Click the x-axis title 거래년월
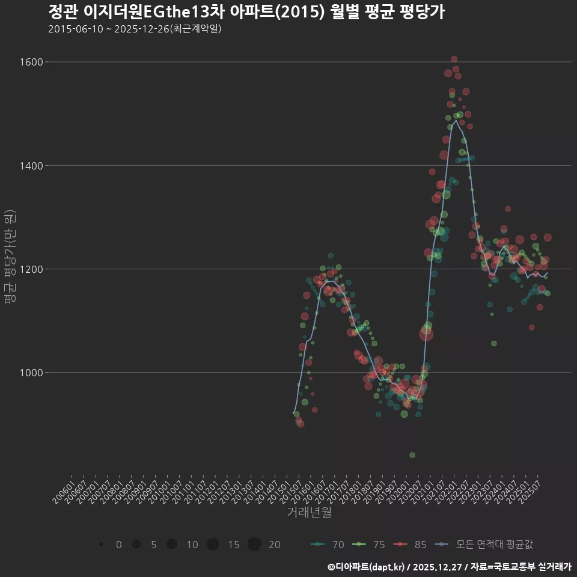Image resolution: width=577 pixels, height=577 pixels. [x=309, y=513]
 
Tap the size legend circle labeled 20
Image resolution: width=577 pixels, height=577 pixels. [x=254, y=545]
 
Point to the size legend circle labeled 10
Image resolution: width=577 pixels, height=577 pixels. [x=172, y=545]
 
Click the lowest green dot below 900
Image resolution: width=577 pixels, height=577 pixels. [x=412, y=455]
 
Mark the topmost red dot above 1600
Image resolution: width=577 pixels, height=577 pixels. [x=454, y=59]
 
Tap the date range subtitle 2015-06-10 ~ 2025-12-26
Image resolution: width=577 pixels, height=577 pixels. [x=135, y=29]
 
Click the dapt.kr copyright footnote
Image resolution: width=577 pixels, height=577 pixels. [x=449, y=567]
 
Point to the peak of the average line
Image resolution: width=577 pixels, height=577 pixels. [x=456, y=121]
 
